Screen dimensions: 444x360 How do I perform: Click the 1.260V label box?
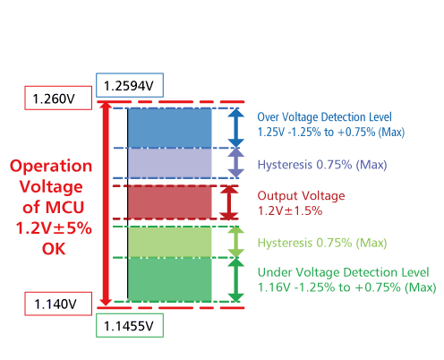tap(58, 98)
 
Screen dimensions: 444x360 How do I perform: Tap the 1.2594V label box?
tap(130, 85)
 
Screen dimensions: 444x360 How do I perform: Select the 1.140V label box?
tap(58, 304)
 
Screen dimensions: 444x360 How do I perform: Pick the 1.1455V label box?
tap(130, 325)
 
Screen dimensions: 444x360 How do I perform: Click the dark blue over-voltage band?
tap(170, 128)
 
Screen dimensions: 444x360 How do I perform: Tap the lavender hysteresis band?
tap(170, 163)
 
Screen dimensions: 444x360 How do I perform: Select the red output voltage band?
tap(170, 202)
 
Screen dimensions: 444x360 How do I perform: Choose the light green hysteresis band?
tap(170, 242)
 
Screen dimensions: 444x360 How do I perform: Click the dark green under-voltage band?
tap(170, 279)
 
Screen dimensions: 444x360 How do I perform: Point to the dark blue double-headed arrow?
tap(236, 128)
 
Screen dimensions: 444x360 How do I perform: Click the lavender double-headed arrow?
tap(236, 163)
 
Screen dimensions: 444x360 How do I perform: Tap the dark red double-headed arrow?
tap(229, 202)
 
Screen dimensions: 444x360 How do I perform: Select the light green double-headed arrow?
tap(236, 242)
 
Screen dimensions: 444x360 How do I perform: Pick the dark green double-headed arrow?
tap(236, 279)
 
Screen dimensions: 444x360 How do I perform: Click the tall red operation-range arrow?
tap(106, 204)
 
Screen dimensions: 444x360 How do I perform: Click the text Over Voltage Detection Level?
tap(324, 117)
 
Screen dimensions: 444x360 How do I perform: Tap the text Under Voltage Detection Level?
tap(343, 272)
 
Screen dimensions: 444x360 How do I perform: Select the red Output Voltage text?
tap(301, 196)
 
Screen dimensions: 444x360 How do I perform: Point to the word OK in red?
tap(54, 249)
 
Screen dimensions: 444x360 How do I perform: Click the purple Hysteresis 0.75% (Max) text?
tap(322, 165)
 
